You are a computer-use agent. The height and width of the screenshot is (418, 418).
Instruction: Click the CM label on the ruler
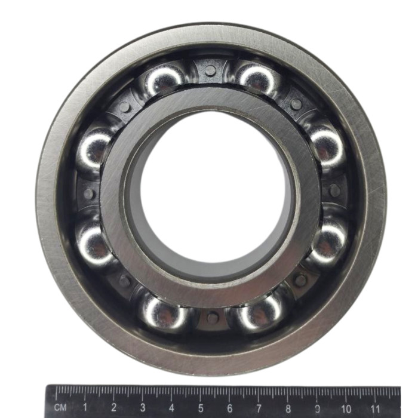click(60, 407)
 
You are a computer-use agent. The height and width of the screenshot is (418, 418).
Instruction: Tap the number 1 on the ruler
click(85, 407)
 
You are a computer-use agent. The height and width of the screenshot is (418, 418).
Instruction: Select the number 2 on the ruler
click(114, 407)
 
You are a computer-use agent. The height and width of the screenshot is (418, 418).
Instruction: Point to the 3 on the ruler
click(143, 407)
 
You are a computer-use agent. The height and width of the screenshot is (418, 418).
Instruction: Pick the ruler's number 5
click(201, 408)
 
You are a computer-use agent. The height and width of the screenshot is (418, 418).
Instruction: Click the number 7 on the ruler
click(259, 408)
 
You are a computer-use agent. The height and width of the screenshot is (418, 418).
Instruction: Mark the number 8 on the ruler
click(288, 408)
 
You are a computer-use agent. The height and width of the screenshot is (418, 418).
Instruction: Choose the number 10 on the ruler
click(346, 408)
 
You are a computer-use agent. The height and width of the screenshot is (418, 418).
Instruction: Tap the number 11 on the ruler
click(375, 408)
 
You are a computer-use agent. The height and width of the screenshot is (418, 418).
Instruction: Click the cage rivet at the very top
click(210, 70)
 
